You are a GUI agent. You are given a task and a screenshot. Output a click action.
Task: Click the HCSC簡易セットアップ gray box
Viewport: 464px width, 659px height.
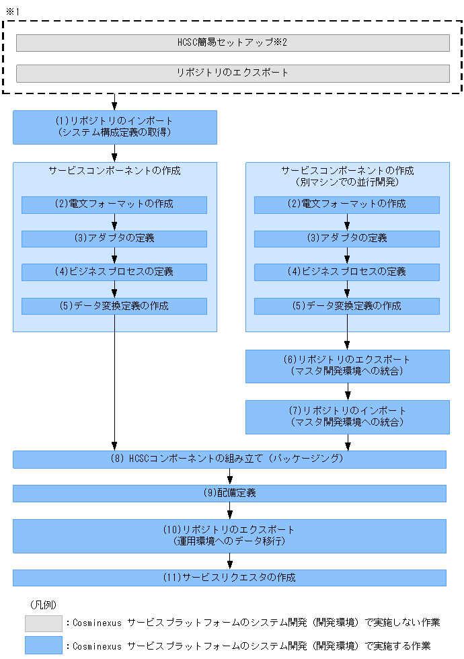pos(233,43)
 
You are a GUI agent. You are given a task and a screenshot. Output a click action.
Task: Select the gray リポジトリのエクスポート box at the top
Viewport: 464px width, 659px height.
pos(233,73)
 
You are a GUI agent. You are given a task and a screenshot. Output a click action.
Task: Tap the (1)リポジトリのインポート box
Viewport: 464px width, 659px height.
pos(115,127)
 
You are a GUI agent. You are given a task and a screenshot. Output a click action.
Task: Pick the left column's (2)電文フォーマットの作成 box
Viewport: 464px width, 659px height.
pos(114,204)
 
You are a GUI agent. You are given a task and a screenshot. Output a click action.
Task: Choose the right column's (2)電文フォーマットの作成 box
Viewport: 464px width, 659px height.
pos(347,204)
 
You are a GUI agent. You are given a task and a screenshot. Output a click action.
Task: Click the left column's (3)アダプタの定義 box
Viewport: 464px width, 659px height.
pos(114,239)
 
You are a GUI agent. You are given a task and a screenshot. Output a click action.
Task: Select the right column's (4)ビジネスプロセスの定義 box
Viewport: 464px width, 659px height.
pos(347,272)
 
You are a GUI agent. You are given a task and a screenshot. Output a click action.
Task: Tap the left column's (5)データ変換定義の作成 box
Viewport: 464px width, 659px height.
pos(114,306)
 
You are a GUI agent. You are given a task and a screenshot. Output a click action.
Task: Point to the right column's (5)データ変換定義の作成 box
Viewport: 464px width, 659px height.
pos(347,306)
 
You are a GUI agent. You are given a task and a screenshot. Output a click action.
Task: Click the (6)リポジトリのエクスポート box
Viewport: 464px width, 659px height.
pos(347,366)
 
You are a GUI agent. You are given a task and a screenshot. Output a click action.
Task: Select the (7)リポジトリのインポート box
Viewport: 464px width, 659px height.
pos(347,417)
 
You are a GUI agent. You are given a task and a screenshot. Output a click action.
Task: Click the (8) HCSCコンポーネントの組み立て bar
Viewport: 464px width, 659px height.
pos(230,459)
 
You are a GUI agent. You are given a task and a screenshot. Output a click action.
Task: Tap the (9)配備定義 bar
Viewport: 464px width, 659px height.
pos(230,493)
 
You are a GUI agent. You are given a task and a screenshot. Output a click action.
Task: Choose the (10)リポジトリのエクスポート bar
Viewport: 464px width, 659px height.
pos(230,535)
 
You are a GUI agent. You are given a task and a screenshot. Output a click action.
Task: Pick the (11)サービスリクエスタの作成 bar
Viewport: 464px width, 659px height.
pos(230,578)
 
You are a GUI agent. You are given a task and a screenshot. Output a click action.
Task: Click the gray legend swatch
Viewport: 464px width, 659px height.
pos(43,623)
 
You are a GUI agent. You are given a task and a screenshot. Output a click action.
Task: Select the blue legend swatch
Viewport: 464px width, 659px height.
pos(43,646)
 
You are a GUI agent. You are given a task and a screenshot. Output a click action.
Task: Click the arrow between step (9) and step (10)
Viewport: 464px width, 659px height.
pos(230,510)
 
